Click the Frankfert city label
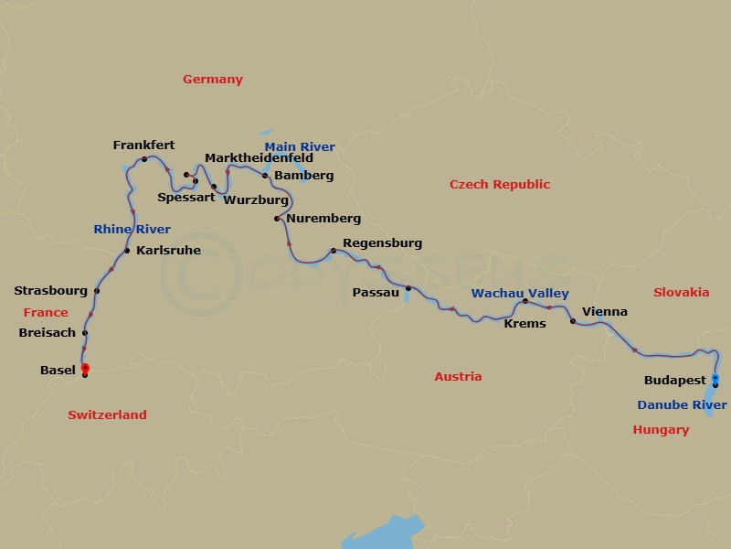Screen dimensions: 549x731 click(x=143, y=145)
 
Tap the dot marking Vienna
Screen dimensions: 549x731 click(x=573, y=321)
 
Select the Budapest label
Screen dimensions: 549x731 click(x=675, y=380)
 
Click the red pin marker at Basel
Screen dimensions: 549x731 click(x=85, y=368)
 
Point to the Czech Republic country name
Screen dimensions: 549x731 click(x=500, y=185)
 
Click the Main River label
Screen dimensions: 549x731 click(x=300, y=146)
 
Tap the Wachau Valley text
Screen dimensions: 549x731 click(x=520, y=294)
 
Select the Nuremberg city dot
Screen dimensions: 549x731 click(x=277, y=219)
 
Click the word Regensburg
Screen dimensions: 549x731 click(x=382, y=243)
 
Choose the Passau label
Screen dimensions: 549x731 click(x=376, y=293)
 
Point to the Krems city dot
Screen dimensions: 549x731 click(x=525, y=301)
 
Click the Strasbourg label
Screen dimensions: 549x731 click(x=50, y=291)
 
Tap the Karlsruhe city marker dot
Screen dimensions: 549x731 click(x=127, y=251)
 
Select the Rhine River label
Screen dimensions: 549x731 click(x=132, y=230)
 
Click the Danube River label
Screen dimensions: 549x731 click(x=682, y=405)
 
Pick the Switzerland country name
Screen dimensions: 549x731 click(x=107, y=415)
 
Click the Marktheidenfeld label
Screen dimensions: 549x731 click(x=259, y=158)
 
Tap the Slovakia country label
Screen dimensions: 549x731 click(x=681, y=293)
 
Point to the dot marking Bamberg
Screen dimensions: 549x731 click(x=265, y=175)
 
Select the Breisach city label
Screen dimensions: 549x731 click(x=47, y=333)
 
